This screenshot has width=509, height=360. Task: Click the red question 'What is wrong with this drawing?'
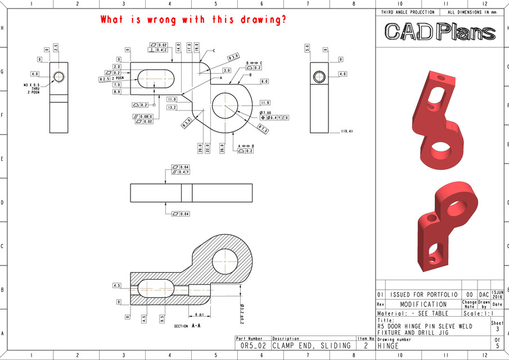point(193,20)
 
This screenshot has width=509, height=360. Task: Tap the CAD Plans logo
point(440,32)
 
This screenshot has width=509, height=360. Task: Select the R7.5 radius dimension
point(263,129)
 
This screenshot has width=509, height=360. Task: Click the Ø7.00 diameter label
point(265,112)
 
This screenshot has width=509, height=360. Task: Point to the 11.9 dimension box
point(265,103)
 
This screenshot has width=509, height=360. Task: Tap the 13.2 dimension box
point(172,107)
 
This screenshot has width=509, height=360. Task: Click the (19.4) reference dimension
point(347,131)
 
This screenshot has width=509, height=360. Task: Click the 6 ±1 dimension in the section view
point(199,314)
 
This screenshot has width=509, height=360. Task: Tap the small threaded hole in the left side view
point(58,76)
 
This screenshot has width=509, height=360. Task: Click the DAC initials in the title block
point(484,294)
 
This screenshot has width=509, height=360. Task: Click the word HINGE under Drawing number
point(388,345)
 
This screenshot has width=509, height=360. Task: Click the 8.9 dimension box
point(117,92)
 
